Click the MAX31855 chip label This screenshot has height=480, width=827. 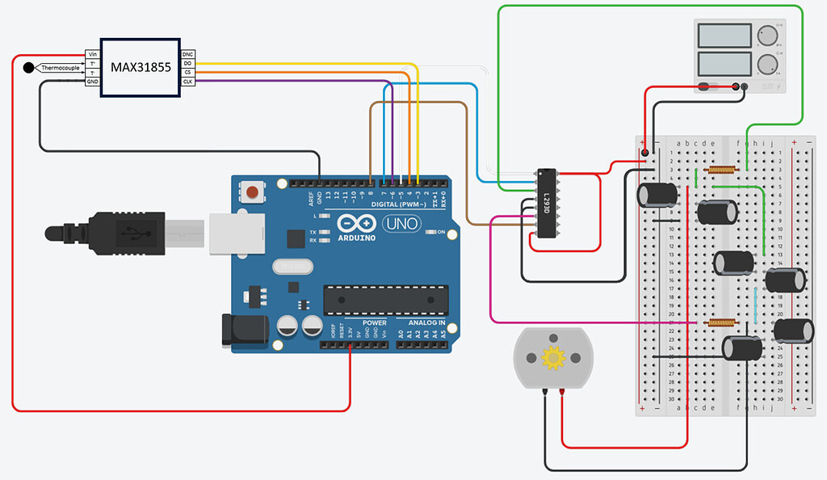tap(141, 68)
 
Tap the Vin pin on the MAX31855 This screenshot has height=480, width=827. tap(92, 54)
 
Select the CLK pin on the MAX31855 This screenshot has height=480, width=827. tap(187, 82)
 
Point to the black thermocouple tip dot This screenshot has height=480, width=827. tap(29, 68)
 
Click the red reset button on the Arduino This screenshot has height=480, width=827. tap(254, 192)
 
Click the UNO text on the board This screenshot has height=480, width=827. tap(400, 223)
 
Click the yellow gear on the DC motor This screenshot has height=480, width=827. tap(553, 356)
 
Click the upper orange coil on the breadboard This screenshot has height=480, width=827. tap(720, 170)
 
